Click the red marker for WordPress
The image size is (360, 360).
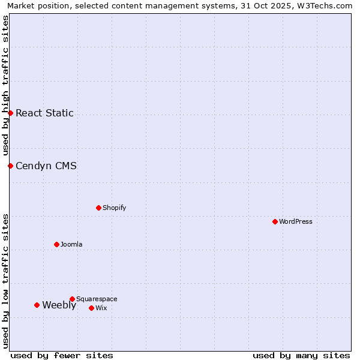coord(275,221)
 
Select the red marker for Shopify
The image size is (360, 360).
coord(98,208)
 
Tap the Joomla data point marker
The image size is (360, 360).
coord(56,244)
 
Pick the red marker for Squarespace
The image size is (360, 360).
coord(72,299)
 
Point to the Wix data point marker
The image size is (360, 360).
coord(91,308)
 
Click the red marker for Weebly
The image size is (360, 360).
coord(37,305)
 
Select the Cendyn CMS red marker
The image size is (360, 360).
coord(10,166)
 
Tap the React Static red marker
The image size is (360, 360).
coord(10,113)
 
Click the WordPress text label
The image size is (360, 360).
coord(296,221)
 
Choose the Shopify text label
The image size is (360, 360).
coord(114,208)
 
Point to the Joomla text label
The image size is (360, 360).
coord(71,244)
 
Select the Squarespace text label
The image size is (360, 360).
coord(97,299)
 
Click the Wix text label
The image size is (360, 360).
coord(101,308)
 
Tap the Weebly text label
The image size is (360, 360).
coord(59,305)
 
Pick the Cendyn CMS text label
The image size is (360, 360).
coord(46,166)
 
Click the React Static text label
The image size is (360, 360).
coord(44,113)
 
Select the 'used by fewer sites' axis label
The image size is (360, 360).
coord(62,355)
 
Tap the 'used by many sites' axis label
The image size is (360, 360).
coord(301,355)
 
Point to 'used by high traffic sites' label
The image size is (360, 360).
coord(5,85)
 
